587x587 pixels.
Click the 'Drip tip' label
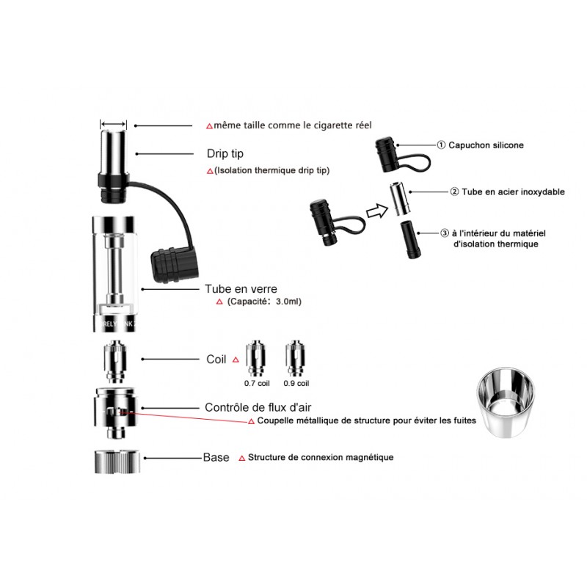pyautogui.click(x=225, y=153)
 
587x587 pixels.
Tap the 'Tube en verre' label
pyautogui.click(x=241, y=289)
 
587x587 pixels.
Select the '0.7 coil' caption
pyautogui.click(x=257, y=383)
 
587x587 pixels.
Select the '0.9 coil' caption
pyautogui.click(x=296, y=383)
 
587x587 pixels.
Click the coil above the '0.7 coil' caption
pyautogui.click(x=256, y=358)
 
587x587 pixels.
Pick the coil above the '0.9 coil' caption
pyautogui.click(x=296, y=358)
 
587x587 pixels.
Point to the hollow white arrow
pyautogui.click(x=377, y=211)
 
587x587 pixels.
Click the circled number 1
pyautogui.click(x=442, y=145)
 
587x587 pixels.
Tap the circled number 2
pyautogui.click(x=454, y=192)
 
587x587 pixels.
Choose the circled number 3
pyautogui.click(x=445, y=233)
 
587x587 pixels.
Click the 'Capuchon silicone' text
pyautogui.click(x=486, y=145)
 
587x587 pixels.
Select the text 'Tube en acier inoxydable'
pyautogui.click(x=513, y=192)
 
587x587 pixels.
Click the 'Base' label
pyautogui.click(x=216, y=457)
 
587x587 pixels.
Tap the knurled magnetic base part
pyautogui.click(x=117, y=462)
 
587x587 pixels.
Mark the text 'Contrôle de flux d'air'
pyautogui.click(x=258, y=407)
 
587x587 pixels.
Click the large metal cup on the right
pyautogui.click(x=506, y=403)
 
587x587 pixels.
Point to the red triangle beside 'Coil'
pyautogui.click(x=236, y=360)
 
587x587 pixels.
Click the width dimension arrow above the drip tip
pyautogui.click(x=114, y=124)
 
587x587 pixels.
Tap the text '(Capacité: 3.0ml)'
pyautogui.click(x=264, y=302)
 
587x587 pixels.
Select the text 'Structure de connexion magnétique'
pyautogui.click(x=321, y=457)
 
